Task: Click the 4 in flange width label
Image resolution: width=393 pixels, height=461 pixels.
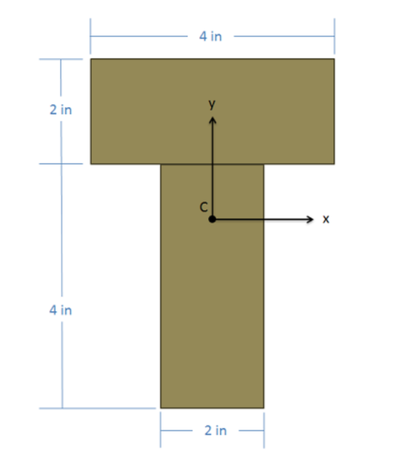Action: (211, 36)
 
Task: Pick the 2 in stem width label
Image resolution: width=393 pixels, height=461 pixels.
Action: (215, 431)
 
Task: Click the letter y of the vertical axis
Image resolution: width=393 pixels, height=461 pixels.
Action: (212, 104)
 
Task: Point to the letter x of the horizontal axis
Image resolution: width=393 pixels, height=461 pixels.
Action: (326, 219)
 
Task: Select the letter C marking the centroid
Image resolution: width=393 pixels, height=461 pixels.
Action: (203, 207)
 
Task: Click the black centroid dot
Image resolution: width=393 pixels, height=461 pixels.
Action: (212, 219)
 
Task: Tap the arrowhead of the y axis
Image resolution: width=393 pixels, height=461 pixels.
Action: (212, 120)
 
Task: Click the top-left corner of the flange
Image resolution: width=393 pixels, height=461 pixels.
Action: (91, 59)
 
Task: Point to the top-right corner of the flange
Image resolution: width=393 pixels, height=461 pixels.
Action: (334, 59)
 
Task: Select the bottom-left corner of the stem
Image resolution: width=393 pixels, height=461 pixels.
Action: (161, 408)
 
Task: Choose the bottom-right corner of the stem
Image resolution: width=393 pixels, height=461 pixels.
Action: (264, 408)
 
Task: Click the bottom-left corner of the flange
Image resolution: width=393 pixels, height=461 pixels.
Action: (91, 164)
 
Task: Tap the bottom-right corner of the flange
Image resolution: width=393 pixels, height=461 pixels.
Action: (334, 164)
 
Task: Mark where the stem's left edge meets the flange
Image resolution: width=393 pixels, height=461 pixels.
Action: (161, 164)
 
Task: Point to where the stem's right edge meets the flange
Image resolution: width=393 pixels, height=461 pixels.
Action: (264, 164)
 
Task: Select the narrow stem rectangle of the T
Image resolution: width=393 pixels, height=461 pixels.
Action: (212, 318)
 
